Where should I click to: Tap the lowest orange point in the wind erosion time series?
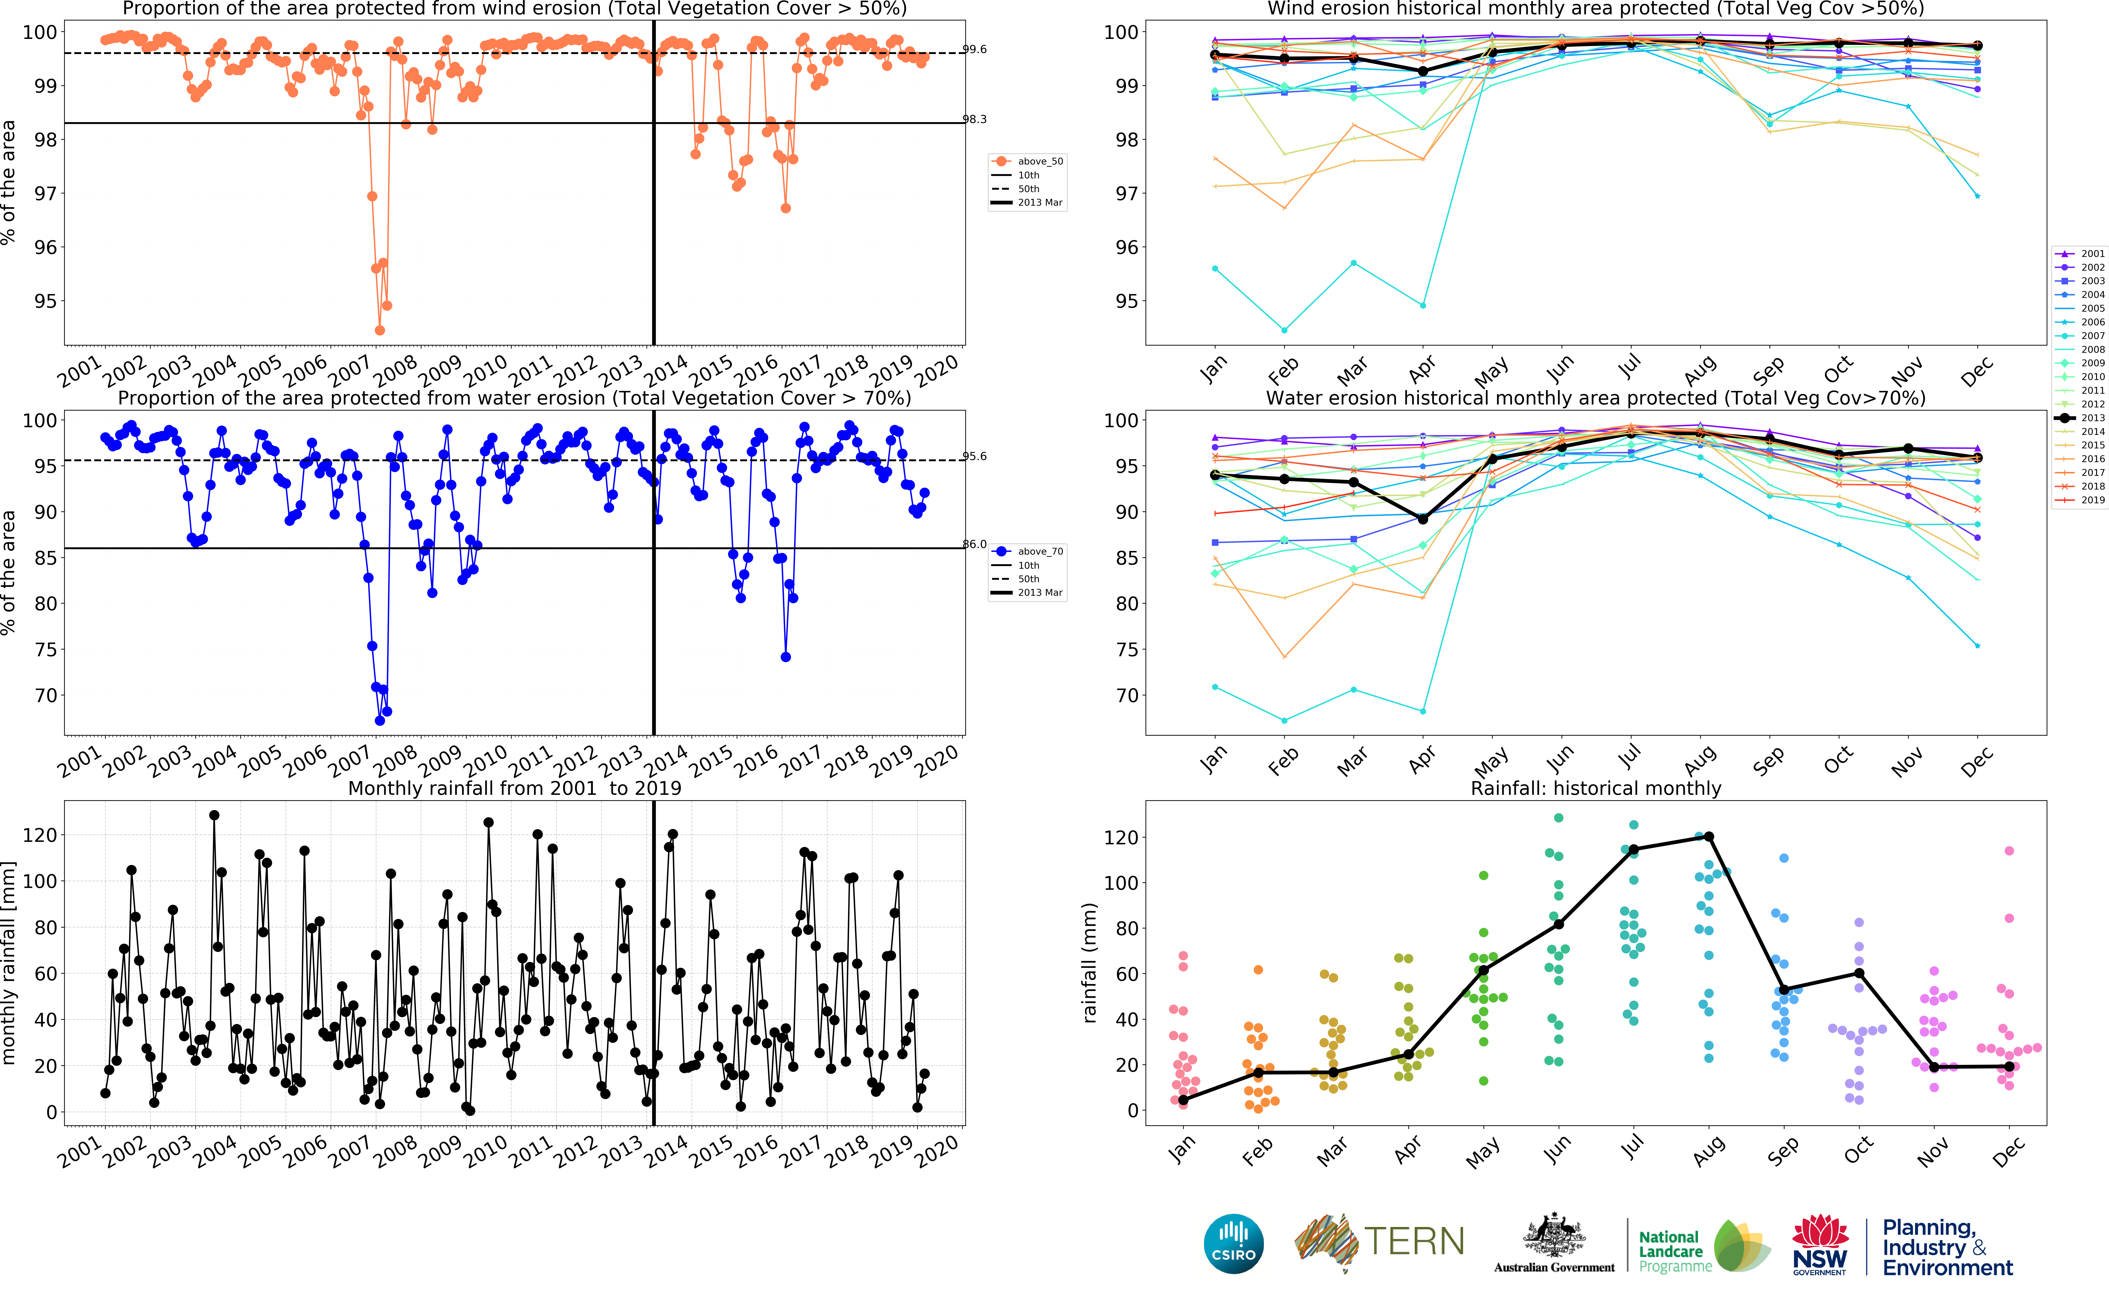point(380,330)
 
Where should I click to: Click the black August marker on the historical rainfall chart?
point(1709,837)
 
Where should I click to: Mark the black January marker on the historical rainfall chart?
point(1184,1100)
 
